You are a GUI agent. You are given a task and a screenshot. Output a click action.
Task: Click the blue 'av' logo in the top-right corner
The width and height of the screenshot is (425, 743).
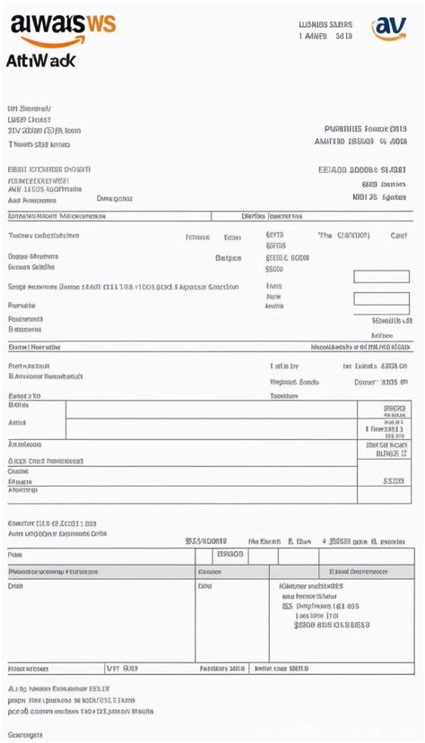pyautogui.click(x=389, y=27)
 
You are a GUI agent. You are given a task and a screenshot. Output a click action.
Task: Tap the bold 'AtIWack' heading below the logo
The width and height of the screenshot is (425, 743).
pyautogui.click(x=40, y=60)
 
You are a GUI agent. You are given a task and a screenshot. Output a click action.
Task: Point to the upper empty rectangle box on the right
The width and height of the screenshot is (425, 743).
pyautogui.click(x=381, y=276)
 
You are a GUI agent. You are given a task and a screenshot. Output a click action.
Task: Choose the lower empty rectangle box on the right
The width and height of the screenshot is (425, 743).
pyautogui.click(x=381, y=298)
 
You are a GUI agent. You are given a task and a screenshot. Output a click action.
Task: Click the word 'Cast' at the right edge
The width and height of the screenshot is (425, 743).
pyautogui.click(x=399, y=236)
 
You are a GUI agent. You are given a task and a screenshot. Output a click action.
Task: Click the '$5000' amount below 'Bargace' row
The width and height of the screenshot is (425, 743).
pyautogui.click(x=274, y=268)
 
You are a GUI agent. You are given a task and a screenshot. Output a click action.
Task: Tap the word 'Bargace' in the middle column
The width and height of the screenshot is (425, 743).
pyautogui.click(x=229, y=257)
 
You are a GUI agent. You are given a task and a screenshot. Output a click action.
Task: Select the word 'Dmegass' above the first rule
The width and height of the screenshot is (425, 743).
pyautogui.click(x=114, y=198)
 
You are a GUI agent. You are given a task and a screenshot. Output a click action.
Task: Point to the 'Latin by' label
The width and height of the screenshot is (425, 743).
pyautogui.click(x=284, y=366)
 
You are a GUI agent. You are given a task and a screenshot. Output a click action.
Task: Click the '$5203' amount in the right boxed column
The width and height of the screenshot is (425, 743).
pyautogui.click(x=394, y=480)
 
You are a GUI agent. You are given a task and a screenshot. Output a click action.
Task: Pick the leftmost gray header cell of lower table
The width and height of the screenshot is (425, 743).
pyautogui.click(x=101, y=571)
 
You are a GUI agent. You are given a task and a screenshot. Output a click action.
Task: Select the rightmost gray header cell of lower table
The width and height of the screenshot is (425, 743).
pyautogui.click(x=366, y=571)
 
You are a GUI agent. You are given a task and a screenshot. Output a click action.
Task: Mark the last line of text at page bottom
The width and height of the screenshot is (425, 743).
pyautogui.click(x=24, y=735)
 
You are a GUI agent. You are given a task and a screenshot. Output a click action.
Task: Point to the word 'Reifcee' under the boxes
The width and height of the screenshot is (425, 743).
pyautogui.click(x=388, y=335)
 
